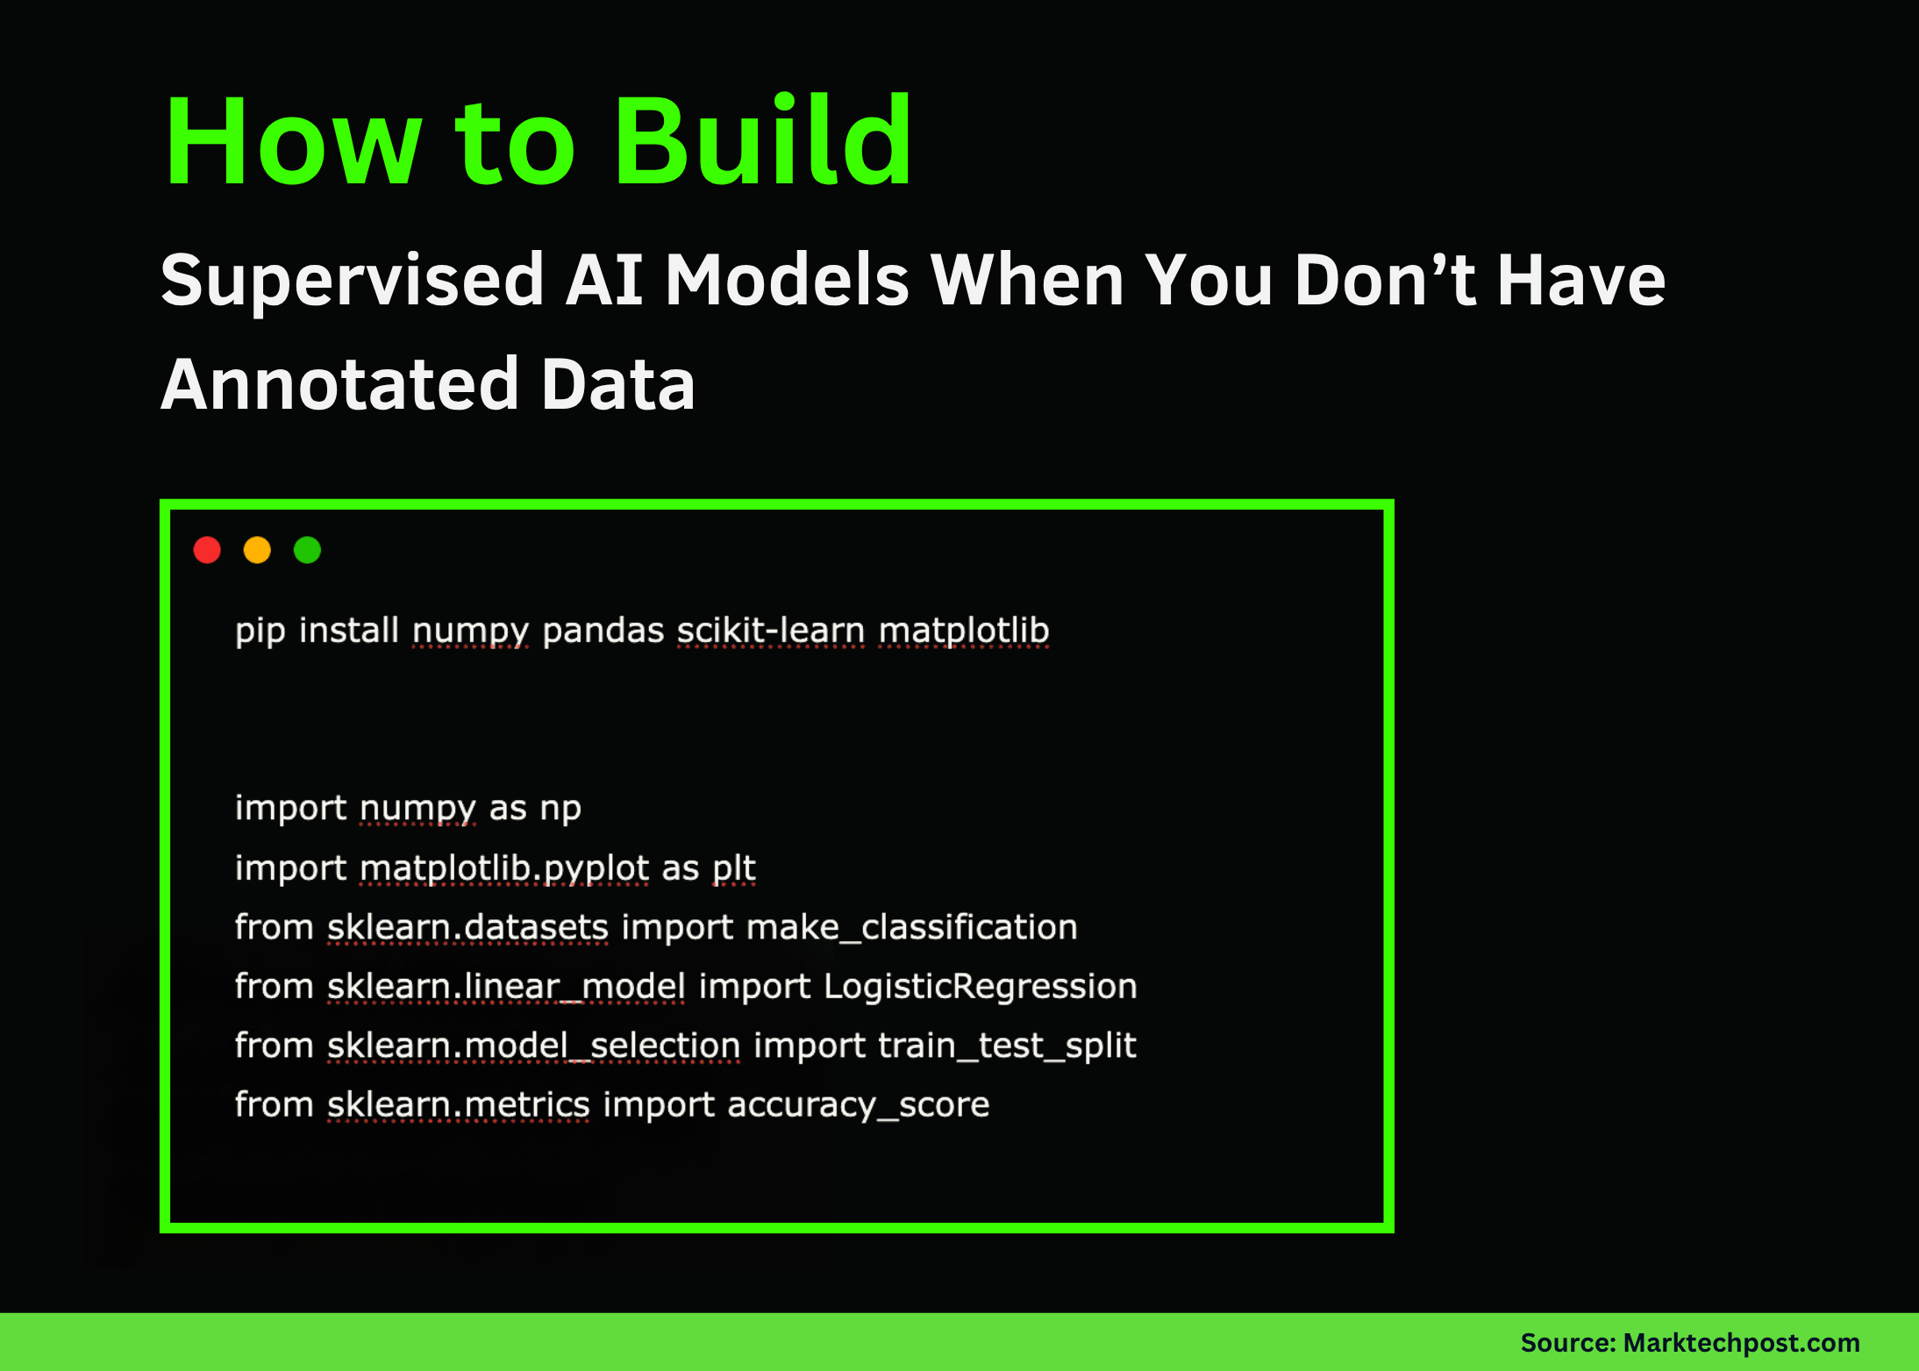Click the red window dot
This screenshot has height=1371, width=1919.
tap(207, 550)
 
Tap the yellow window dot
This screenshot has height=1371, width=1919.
tap(257, 550)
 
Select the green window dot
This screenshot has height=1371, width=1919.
tap(307, 550)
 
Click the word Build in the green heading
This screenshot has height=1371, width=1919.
tap(763, 142)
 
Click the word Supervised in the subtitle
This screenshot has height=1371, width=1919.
tap(353, 281)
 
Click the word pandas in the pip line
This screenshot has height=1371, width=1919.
tap(603, 631)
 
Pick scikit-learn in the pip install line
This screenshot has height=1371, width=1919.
tap(771, 631)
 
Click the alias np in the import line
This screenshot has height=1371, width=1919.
tap(560, 808)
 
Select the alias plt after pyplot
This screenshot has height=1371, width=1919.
tap(733, 868)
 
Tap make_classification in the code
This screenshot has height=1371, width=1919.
tap(912, 927)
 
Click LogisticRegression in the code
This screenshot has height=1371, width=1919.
tap(981, 986)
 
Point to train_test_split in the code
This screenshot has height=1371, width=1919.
tap(1007, 1046)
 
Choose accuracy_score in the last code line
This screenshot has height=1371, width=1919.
tap(858, 1104)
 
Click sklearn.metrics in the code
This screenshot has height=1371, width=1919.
tap(459, 1104)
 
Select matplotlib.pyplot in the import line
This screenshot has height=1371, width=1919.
tap(505, 868)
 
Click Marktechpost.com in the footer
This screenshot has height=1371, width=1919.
tap(1741, 1343)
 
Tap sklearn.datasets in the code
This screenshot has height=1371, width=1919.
tap(467, 927)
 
